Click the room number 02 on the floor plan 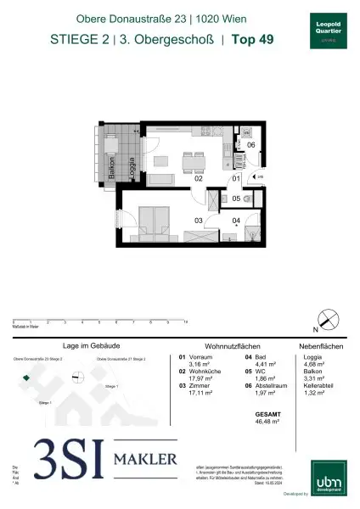(x=197, y=179)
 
